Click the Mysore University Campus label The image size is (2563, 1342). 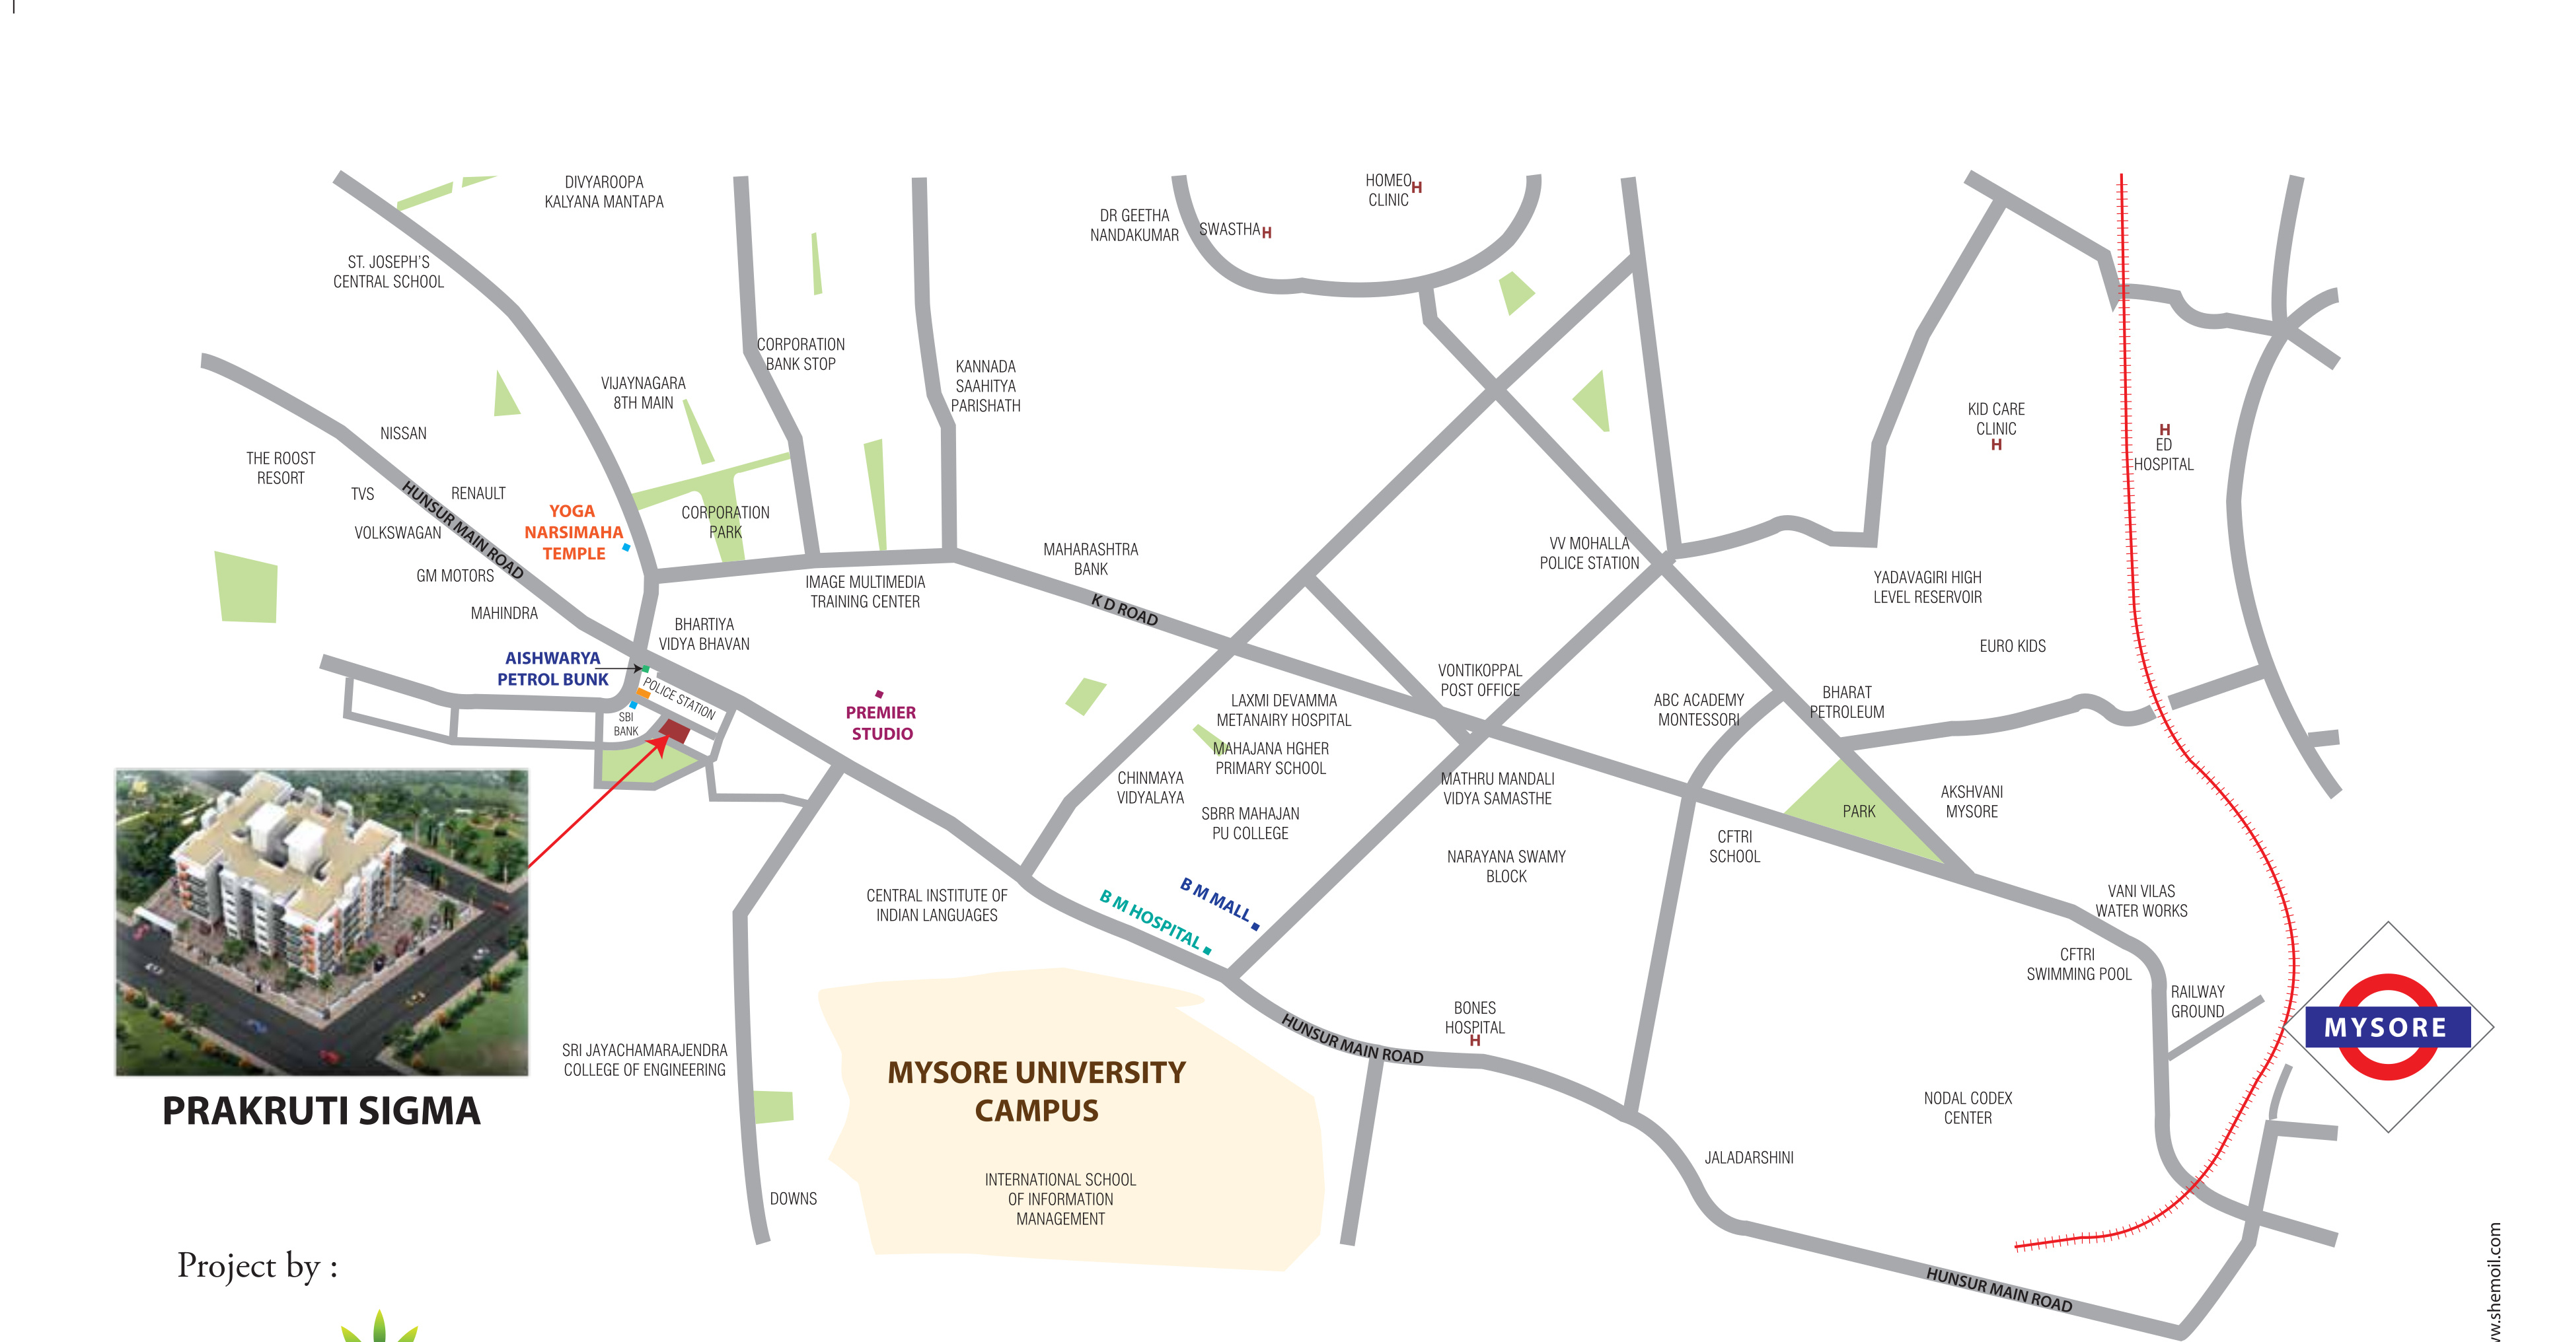point(1036,1091)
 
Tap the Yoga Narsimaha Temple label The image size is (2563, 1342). point(573,532)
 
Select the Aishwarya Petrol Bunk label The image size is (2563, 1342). point(552,668)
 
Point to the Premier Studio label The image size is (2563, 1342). point(881,723)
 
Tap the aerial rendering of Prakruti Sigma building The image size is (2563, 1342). point(321,922)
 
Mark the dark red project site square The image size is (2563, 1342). point(675,732)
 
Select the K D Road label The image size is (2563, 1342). point(1125,610)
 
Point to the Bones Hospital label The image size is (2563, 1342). point(1475,1018)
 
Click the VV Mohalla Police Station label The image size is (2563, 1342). point(1589,553)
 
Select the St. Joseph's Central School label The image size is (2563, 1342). point(388,271)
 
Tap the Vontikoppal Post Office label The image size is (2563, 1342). point(1479,680)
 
